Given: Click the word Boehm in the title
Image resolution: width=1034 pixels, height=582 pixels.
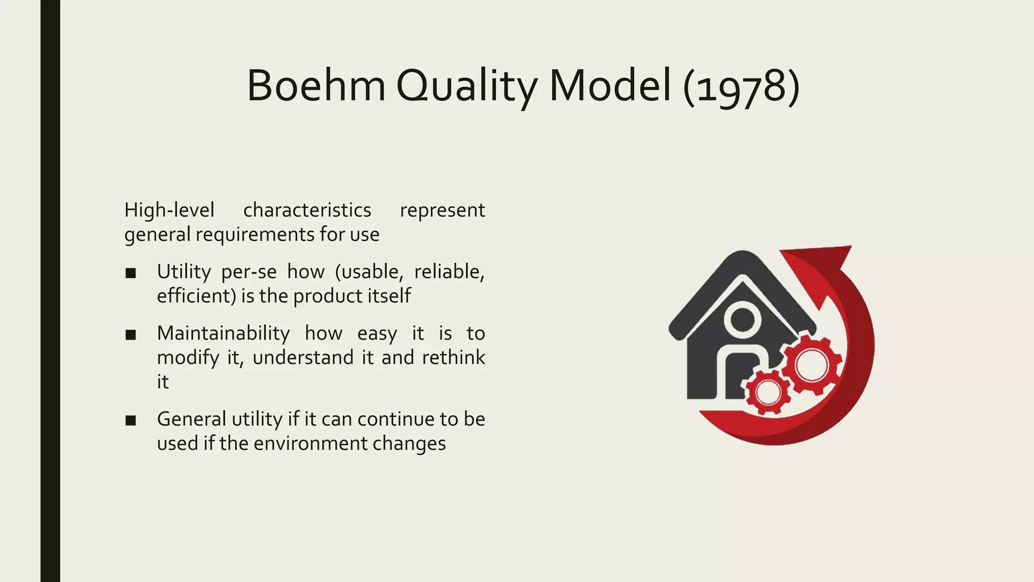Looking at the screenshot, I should coord(316,86).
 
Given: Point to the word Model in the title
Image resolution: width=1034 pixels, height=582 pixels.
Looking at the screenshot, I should coord(610,86).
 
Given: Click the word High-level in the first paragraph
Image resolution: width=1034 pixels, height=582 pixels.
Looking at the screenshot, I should coord(169,210).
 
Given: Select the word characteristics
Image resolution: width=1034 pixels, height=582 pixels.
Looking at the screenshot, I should coord(307,210).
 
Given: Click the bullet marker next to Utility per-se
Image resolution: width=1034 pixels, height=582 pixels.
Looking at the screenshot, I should coord(131,273).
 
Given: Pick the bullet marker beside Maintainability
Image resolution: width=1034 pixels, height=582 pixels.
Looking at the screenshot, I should coord(131,335).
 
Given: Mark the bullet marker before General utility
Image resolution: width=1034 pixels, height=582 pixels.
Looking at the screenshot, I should coord(131,420).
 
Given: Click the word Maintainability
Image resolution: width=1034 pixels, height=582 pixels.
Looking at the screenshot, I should coord(223,333).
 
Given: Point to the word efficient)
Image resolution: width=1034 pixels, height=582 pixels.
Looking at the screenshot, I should coord(196,296).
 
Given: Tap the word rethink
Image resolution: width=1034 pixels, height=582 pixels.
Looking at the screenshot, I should coord(453,358).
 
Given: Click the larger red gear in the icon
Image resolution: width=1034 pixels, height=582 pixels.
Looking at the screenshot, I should coord(811,365).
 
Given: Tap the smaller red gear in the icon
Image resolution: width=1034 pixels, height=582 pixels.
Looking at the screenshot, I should coord(767,392).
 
